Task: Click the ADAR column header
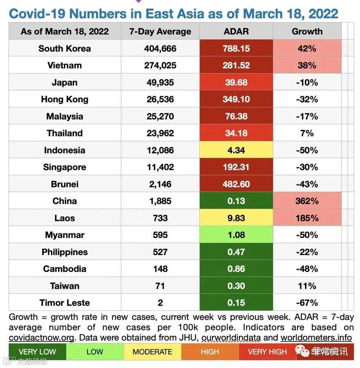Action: (236, 31)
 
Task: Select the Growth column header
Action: (307, 31)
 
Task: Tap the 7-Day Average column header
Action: (160, 31)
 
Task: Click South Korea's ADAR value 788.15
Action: (236, 49)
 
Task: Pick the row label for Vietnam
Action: (65, 65)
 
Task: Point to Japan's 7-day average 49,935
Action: (160, 82)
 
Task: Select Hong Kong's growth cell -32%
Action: (307, 99)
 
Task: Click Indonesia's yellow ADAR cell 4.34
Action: (236, 150)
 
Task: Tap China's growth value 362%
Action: (307, 201)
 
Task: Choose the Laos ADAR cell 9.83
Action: (236, 218)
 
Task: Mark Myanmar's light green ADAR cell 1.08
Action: (236, 235)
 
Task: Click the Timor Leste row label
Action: (65, 303)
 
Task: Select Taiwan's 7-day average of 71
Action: (160, 286)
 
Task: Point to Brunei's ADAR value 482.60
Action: (236, 184)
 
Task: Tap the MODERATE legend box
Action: (153, 352)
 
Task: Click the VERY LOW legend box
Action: (37, 352)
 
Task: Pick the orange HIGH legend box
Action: (210, 352)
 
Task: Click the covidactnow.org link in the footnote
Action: (42, 338)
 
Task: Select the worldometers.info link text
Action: (316, 337)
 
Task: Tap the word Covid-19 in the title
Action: (37, 13)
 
